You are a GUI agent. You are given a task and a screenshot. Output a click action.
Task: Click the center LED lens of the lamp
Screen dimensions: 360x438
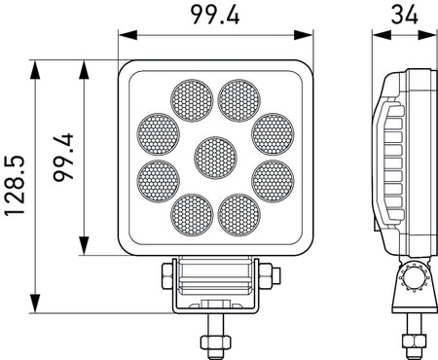(x=216, y=157)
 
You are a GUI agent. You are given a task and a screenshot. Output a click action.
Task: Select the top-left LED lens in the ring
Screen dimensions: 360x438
(x=192, y=99)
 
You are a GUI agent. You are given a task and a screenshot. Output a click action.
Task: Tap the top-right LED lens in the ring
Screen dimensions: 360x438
(x=239, y=99)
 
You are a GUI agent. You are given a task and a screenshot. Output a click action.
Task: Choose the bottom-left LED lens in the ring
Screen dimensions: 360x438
(x=192, y=214)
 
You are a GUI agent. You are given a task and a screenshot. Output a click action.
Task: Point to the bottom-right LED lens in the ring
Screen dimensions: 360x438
(x=239, y=214)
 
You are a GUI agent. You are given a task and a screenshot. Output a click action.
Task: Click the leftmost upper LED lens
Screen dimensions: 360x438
(x=159, y=133)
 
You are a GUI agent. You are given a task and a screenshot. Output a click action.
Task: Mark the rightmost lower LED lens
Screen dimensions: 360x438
(x=273, y=180)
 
